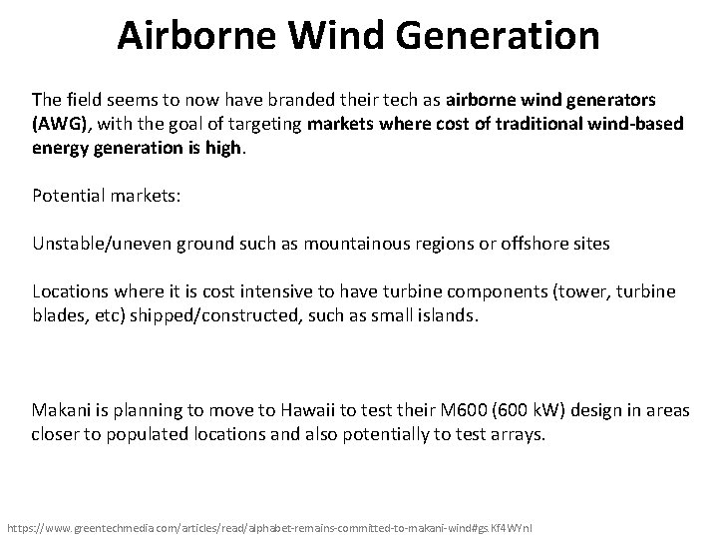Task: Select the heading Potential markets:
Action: coord(106,196)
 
